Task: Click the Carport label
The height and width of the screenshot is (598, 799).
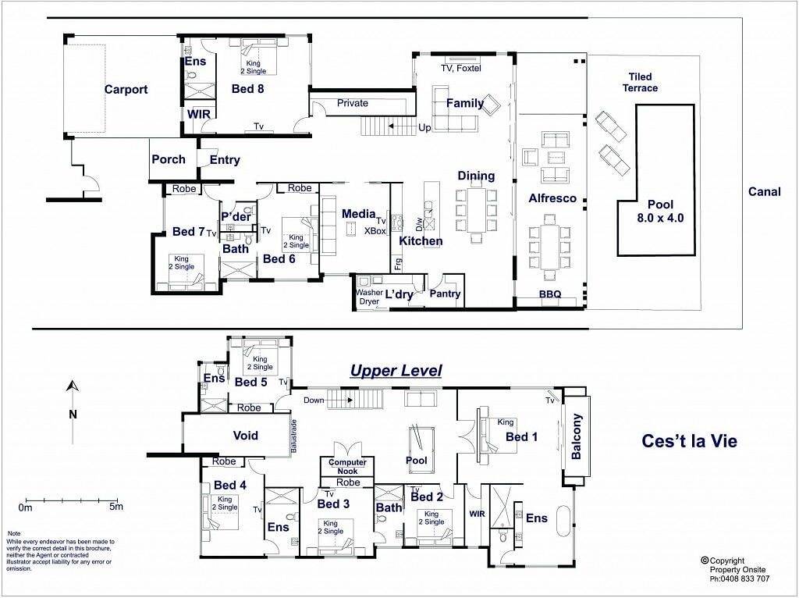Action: (x=126, y=90)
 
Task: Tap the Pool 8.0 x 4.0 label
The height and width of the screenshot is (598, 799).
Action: (x=660, y=211)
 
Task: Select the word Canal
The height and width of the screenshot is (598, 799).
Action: (x=765, y=192)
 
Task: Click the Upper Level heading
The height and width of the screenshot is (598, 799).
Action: (x=396, y=371)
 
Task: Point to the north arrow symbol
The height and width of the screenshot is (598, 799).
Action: (x=73, y=386)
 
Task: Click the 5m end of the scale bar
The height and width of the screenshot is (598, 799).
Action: (x=118, y=500)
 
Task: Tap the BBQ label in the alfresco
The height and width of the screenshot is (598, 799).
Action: (x=550, y=294)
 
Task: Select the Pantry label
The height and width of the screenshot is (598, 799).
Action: (x=445, y=294)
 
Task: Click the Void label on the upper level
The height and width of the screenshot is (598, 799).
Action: (x=245, y=436)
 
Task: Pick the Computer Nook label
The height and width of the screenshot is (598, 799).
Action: (x=347, y=467)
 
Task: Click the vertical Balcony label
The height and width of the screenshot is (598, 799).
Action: (x=577, y=436)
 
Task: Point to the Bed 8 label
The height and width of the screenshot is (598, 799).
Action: (x=247, y=89)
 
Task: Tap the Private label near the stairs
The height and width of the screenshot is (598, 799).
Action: (x=352, y=103)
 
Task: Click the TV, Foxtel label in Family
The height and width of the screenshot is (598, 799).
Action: (x=460, y=69)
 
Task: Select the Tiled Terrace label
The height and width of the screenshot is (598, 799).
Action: (x=640, y=82)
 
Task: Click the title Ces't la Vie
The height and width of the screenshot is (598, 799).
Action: (x=689, y=440)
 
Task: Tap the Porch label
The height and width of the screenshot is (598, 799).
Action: (x=169, y=159)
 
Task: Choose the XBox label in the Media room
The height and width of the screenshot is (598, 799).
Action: (x=375, y=230)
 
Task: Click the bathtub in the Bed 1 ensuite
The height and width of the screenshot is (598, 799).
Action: (x=563, y=521)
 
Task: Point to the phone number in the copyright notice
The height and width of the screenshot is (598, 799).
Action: (x=740, y=578)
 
